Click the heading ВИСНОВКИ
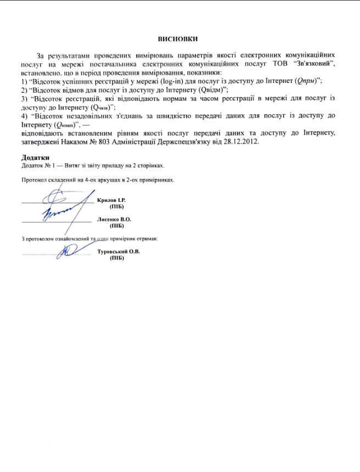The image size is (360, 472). click(x=177, y=40)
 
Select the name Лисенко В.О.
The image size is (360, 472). click(x=114, y=219)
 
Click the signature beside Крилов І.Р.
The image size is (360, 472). click(x=59, y=196)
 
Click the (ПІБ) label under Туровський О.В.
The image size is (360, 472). click(x=116, y=258)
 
